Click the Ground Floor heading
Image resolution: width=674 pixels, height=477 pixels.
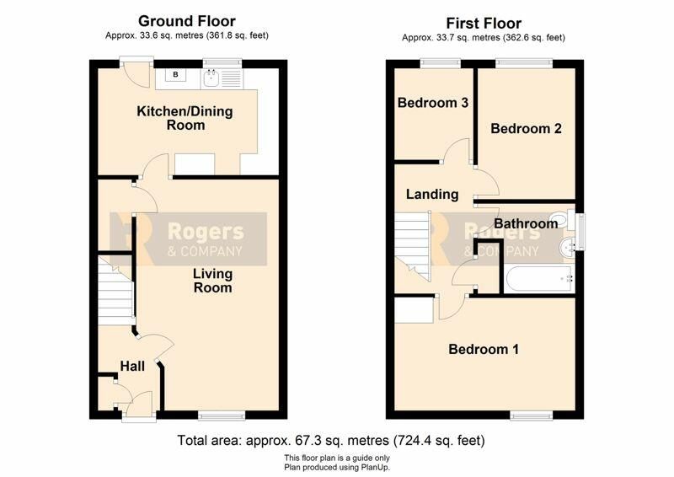coord(186,21)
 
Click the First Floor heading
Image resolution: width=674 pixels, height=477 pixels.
coord(484,24)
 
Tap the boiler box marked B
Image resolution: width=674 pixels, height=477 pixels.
coord(175,75)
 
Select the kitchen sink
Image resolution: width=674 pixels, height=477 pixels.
coord(211,78)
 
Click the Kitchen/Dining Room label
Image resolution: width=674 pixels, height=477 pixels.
coord(185,118)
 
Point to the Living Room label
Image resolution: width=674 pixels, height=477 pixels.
coord(213,281)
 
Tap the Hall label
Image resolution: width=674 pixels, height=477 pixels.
coord(132,367)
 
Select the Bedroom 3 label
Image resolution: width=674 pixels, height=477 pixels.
coord(433,103)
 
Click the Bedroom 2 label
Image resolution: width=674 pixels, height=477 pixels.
coord(526,129)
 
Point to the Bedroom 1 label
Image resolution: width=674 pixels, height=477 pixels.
coord(484,349)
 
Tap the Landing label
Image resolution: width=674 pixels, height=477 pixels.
coord(432,195)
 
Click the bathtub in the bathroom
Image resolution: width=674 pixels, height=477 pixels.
coord(539,280)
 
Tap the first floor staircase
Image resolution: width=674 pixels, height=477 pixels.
coord(413,246)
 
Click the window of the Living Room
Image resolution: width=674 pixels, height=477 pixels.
coord(222,415)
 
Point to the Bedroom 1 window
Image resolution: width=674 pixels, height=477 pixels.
coord(532,415)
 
